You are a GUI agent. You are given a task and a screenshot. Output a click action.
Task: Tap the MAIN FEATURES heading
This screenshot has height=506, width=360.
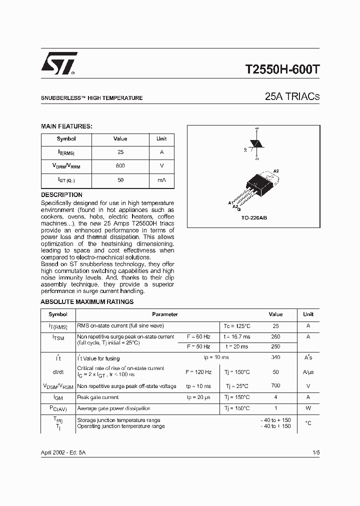pos(66,126)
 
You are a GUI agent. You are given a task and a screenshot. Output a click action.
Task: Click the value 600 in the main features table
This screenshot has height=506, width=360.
pos(120,165)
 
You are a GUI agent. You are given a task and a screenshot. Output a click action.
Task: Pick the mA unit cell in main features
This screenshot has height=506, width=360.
pos(161,179)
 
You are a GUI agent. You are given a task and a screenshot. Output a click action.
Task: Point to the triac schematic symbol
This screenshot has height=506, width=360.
pos(256,143)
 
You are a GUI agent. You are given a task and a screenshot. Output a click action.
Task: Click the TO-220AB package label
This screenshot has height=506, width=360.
pos(254,218)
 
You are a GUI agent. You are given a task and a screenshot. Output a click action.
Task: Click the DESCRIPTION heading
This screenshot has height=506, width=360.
pos(61,195)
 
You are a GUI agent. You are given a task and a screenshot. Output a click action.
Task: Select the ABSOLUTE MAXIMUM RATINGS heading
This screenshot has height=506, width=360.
pos(87,302)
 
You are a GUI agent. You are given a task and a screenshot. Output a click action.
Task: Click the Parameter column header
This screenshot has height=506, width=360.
pos(165,314)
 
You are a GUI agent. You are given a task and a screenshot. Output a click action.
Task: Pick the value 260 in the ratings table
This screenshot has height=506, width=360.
pos(275,336)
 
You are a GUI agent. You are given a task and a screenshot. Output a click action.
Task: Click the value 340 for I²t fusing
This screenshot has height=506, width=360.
pos(275,357)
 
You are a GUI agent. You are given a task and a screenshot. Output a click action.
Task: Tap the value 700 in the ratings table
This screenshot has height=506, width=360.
pos(275,386)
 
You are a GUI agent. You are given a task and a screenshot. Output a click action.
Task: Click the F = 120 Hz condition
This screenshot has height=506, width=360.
pos(198,372)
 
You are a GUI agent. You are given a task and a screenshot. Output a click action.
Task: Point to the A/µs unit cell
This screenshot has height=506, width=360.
pos(308,372)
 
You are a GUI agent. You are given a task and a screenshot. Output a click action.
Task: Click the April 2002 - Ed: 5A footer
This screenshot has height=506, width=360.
pos(63,452)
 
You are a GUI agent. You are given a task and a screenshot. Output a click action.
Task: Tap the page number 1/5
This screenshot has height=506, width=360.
pos(315,452)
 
